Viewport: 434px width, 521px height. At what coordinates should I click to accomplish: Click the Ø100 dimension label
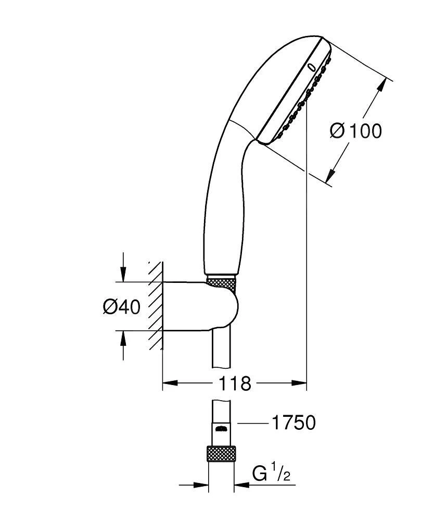click(355, 131)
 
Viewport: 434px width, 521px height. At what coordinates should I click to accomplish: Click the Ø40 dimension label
click(121, 307)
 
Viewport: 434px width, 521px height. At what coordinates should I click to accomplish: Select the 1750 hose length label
click(292, 423)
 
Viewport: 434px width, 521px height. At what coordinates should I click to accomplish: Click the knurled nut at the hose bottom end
click(221, 453)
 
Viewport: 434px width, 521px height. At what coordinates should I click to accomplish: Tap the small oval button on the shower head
click(312, 67)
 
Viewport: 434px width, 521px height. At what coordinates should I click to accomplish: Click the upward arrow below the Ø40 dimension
click(123, 339)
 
